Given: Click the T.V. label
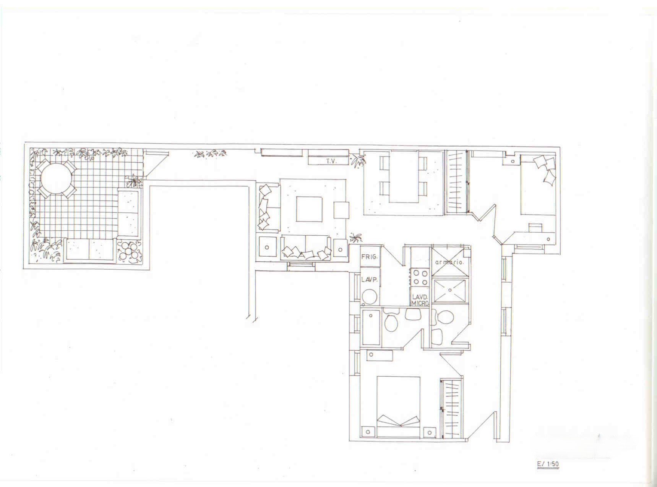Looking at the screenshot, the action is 331,161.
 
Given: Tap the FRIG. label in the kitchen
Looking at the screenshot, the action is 369,257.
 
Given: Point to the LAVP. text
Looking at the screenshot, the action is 369,280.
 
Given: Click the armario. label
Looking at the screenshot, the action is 449,262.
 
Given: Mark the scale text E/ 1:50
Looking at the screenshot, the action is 548,464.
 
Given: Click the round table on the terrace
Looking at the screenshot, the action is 56,179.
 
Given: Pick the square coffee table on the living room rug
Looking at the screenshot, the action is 309,209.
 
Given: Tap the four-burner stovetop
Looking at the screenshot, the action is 420,277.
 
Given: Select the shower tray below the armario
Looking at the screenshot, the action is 450,291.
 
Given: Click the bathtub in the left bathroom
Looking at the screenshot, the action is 371,327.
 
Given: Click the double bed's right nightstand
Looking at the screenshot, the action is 430,432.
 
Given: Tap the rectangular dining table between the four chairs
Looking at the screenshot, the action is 404,176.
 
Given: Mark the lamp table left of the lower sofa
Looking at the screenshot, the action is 267,247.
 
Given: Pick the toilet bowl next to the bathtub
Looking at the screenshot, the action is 391,322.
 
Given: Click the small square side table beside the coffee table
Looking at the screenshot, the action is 341,210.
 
